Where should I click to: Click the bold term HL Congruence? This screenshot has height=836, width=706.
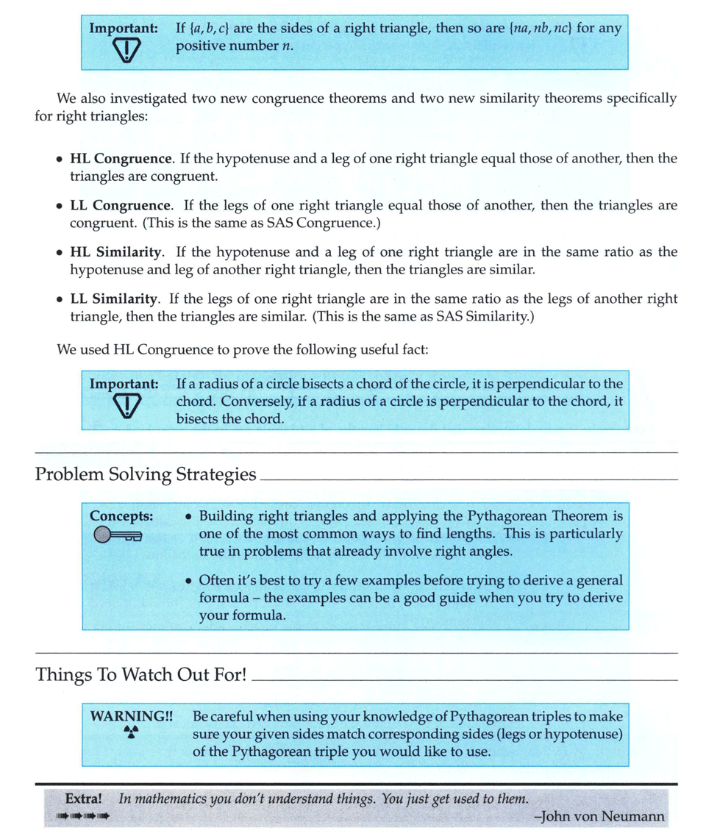click(x=121, y=159)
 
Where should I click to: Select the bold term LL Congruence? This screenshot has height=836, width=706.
click(x=121, y=205)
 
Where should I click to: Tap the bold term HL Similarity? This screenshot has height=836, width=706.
click(x=115, y=252)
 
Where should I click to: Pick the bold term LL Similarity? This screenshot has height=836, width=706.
click(x=114, y=299)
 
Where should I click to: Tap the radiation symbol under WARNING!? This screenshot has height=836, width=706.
click(x=131, y=732)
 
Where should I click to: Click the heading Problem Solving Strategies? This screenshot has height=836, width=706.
click(x=146, y=474)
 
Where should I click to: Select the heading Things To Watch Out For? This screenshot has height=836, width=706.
click(x=140, y=674)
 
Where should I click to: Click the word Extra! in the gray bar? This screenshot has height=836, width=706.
click(x=83, y=799)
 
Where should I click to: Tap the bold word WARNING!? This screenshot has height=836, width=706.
click(x=131, y=715)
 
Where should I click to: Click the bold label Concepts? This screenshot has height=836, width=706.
click(x=121, y=516)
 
